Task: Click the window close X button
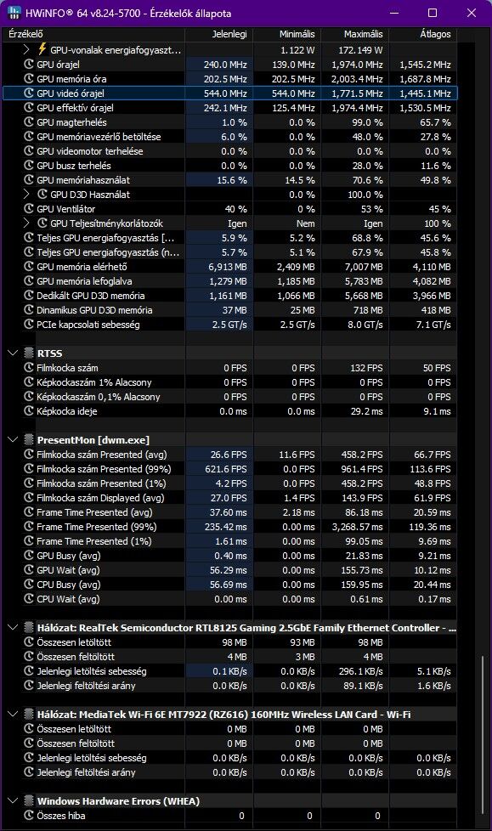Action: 472,13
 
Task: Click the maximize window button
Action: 433,13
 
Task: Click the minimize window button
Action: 394,13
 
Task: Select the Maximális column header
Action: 363,34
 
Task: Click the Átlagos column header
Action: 435,34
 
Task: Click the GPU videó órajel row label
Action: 71,93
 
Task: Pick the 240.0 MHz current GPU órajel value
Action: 225,65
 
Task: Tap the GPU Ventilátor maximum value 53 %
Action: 371,209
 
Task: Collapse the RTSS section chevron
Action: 14,353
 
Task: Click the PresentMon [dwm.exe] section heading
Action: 93,440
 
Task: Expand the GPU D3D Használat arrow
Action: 26,194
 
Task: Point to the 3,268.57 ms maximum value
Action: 358,527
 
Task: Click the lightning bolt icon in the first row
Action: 42,49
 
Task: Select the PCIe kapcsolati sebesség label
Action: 88,325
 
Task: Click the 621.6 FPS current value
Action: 226,469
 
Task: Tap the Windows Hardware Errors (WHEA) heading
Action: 118,800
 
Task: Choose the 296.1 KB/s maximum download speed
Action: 362,671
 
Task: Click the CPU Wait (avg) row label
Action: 68,599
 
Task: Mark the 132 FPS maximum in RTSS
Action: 367,368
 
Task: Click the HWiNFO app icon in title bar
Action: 14,13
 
